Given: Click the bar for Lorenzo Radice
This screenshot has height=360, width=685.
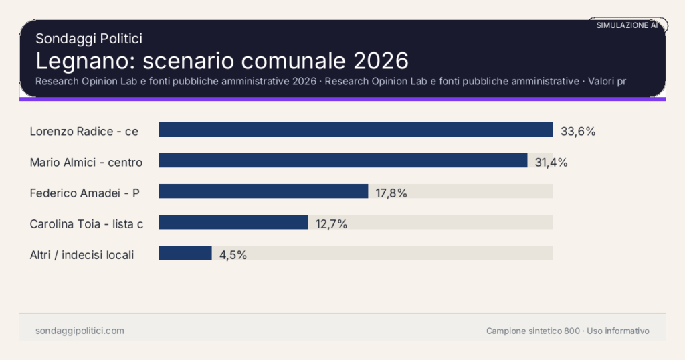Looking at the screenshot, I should [x=355, y=130].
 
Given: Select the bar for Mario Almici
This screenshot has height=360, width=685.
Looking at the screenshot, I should [x=342, y=161].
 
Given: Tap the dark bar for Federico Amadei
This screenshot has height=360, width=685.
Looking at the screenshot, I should [x=263, y=191].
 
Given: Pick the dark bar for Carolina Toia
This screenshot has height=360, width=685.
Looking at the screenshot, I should [x=233, y=222].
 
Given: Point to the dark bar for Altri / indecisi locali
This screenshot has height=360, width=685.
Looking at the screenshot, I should [x=185, y=253].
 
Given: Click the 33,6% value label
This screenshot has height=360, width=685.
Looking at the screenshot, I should [x=577, y=131].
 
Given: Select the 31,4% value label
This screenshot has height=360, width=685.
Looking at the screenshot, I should [x=551, y=162].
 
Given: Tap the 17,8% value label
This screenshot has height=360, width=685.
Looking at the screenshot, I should [x=391, y=193].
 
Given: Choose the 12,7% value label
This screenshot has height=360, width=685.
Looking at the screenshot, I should [x=331, y=223].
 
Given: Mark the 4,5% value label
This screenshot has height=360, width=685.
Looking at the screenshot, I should [x=233, y=254].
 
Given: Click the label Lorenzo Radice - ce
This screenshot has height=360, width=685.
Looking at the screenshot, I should [x=84, y=131].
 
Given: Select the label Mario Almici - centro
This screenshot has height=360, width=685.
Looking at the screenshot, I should [x=86, y=162].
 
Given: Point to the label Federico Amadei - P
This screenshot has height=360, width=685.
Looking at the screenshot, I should [x=85, y=193].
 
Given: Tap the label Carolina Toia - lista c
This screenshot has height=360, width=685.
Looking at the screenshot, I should [x=86, y=223].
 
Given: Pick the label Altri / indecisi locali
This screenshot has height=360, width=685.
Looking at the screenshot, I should [x=82, y=254].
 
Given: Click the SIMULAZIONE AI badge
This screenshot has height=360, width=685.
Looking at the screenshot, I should [x=627, y=25].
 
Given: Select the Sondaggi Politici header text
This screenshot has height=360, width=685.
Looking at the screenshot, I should [x=89, y=39].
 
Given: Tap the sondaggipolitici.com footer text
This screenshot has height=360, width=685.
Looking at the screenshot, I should [x=80, y=331].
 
